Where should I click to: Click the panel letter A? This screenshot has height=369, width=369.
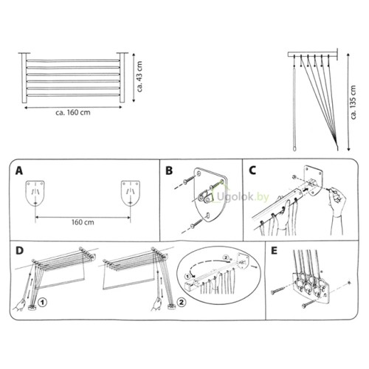coord(19,170)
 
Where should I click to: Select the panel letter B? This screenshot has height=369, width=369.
coord(169,170)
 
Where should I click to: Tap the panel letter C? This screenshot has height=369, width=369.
coord(252,170)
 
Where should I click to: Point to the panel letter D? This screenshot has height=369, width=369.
coord(19,250)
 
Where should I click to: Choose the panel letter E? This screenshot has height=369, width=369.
coord(274,250)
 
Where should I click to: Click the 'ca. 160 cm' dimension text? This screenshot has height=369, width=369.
coord(73,113)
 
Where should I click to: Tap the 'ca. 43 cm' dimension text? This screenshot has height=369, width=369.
coord(139,77)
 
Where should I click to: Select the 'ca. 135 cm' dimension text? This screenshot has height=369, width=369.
coord(354,103)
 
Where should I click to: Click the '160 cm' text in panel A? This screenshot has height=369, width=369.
coord(83,222)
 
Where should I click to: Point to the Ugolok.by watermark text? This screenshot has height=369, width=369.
coord(242,197)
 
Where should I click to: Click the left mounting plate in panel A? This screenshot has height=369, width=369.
coord(35,193)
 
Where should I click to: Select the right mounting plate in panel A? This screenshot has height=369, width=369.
coord(131,193)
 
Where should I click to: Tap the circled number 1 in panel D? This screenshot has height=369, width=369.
coord(43,303)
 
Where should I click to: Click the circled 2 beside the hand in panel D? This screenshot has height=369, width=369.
coord(182,302)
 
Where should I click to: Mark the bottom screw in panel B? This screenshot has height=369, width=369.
coord(196,224)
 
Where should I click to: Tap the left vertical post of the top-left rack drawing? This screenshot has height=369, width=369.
coord(24,77)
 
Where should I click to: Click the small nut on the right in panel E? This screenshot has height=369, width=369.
coord(350,283)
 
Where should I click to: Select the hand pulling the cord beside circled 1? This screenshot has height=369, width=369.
coord(20,305)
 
